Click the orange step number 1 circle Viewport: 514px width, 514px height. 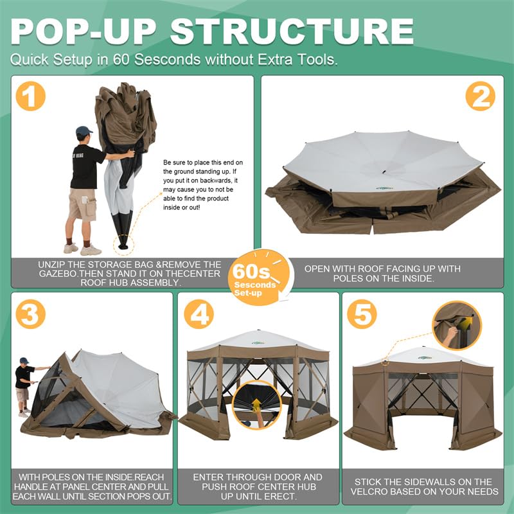click(31, 96)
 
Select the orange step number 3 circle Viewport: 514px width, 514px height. click(30, 314)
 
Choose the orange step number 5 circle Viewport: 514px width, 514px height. click(362, 315)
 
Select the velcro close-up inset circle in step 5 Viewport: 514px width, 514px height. click(456, 325)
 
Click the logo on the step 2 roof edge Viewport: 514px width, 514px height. click(385, 189)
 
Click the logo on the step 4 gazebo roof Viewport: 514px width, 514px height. click(258, 342)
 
